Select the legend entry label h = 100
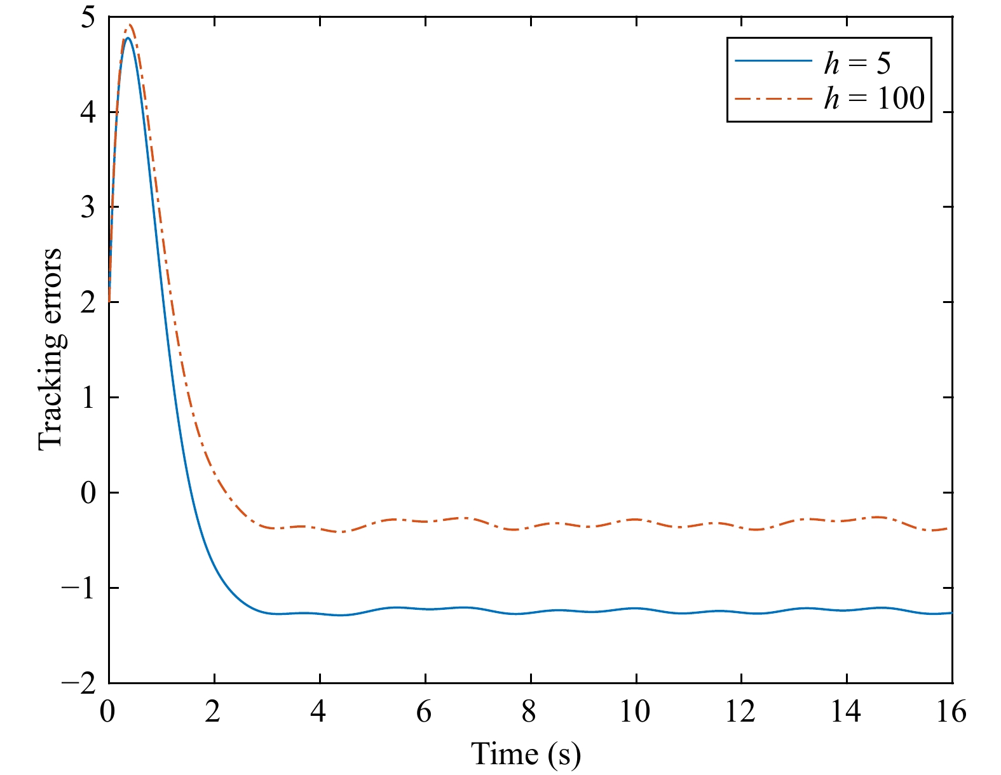(874, 98)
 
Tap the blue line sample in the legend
(773, 61)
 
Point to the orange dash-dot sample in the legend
(773, 98)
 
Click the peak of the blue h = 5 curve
(128, 38)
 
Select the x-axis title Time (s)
(526, 755)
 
